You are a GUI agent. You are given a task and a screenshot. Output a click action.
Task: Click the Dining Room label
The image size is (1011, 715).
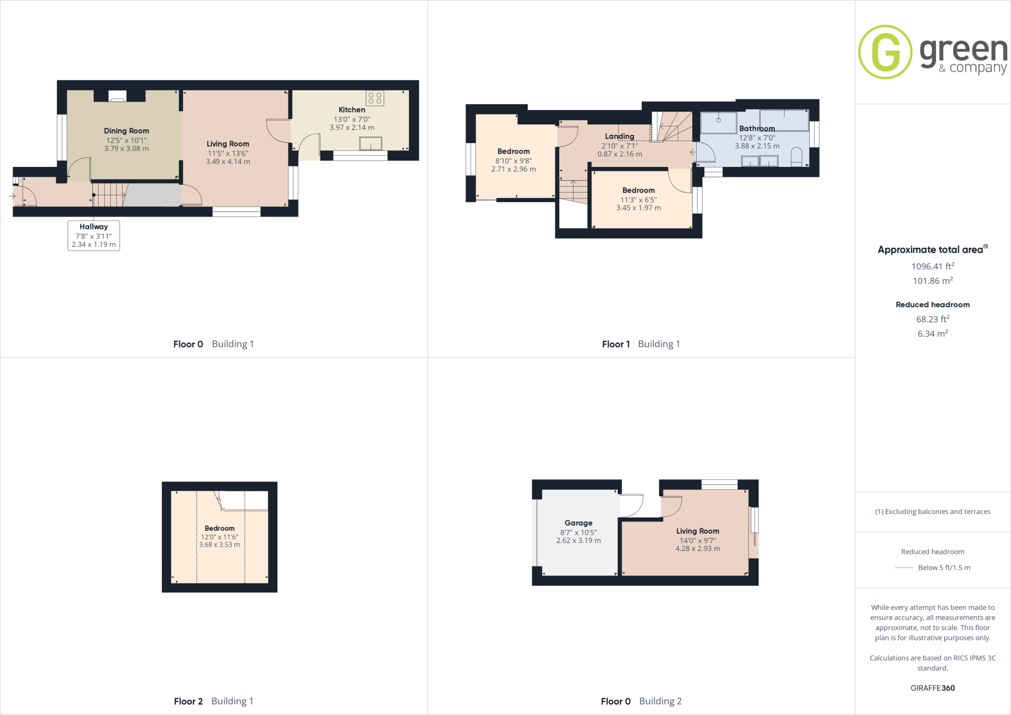(x=126, y=131)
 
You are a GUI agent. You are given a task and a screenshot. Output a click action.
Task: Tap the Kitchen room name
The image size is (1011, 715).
(x=352, y=110)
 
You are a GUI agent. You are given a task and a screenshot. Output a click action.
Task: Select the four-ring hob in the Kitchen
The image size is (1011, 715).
(x=375, y=98)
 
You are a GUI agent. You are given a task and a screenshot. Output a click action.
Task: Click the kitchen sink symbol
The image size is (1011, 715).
(x=371, y=144)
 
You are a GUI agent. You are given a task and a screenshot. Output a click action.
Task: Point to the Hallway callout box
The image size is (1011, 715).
(x=94, y=236)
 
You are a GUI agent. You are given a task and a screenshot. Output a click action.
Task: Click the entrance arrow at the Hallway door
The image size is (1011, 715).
(x=12, y=196)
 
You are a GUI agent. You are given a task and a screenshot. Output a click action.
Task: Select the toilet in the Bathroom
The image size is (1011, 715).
(x=796, y=158)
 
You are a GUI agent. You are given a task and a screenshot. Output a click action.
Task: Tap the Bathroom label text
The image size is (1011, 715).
(x=757, y=128)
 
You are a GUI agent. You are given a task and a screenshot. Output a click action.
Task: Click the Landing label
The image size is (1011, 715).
(x=620, y=136)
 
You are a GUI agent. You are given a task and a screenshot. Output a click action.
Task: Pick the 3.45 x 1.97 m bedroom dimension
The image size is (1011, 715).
(x=638, y=208)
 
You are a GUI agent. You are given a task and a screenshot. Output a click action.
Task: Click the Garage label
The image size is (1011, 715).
(x=579, y=523)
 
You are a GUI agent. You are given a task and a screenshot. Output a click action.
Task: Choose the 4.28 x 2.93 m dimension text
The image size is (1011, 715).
(x=698, y=549)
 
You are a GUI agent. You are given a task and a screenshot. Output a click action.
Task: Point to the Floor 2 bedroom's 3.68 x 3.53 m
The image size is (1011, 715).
(x=220, y=545)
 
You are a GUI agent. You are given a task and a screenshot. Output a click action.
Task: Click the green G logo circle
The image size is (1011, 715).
(x=885, y=52)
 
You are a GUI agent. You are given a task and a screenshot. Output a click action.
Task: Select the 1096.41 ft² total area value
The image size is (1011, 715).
(x=933, y=267)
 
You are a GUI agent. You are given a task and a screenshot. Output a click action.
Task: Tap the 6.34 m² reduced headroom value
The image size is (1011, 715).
(x=933, y=334)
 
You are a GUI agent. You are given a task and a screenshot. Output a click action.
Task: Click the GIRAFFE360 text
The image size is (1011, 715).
(x=933, y=688)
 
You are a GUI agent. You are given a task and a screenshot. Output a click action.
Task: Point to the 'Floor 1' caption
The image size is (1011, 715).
(x=616, y=344)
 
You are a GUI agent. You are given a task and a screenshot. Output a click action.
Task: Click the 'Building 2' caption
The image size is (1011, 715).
(x=660, y=701)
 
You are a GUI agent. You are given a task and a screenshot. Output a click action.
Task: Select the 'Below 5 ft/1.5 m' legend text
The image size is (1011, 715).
(x=944, y=568)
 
